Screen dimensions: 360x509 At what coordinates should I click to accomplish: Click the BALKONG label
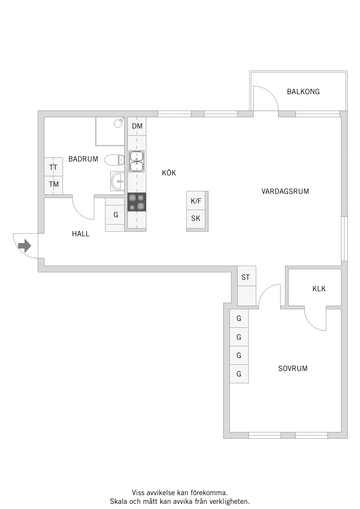(x=303, y=91)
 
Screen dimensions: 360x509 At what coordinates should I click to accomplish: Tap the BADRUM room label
(x=83, y=159)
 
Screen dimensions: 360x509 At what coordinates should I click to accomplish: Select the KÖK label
(x=169, y=173)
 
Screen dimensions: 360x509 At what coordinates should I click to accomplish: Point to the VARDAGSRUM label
(x=285, y=191)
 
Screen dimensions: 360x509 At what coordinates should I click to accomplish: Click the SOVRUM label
(x=293, y=368)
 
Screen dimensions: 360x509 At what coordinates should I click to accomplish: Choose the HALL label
(x=81, y=234)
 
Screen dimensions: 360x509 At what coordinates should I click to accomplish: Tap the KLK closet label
(x=319, y=289)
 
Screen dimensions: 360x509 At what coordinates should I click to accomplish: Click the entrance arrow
(x=25, y=246)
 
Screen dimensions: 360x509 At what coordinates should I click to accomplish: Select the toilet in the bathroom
(x=114, y=160)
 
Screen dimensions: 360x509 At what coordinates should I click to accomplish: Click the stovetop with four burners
(x=137, y=202)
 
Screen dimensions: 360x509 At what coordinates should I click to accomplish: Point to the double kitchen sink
(x=136, y=161)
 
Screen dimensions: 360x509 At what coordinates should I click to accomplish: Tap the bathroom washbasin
(x=118, y=181)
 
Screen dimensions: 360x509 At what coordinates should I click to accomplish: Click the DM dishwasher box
(x=137, y=126)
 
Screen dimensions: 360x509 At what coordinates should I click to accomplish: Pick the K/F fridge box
(x=196, y=200)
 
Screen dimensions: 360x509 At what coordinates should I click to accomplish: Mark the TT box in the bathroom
(x=53, y=166)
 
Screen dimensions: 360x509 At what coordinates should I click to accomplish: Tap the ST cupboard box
(x=247, y=276)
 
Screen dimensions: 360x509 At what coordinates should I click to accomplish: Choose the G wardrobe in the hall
(x=115, y=215)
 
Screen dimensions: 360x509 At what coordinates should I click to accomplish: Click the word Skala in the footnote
(x=119, y=501)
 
